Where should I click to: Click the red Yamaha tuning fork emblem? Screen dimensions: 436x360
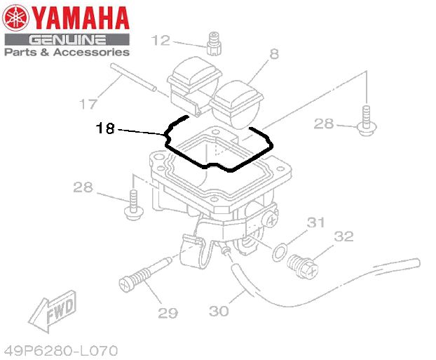15,18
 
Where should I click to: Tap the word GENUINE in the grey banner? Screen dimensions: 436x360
67,40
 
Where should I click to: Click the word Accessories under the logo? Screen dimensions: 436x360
92,52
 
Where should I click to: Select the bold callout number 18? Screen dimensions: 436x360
105,128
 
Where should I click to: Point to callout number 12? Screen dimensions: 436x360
161,41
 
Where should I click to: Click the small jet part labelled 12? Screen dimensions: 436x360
214,44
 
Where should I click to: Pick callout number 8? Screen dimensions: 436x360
274,54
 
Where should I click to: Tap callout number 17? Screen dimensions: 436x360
88,104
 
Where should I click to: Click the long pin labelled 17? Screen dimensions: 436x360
134,77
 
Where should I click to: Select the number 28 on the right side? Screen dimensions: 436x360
324,124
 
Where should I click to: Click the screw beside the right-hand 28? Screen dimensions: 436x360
367,121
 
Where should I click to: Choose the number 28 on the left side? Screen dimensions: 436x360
83,187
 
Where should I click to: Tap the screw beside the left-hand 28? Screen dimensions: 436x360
134,205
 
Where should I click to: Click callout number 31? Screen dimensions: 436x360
316,222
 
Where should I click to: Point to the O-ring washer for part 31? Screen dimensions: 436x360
280,252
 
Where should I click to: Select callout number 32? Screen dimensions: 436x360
343,236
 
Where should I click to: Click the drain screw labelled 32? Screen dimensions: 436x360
303,267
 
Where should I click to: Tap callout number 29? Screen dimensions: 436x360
168,313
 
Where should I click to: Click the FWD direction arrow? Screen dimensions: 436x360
53,312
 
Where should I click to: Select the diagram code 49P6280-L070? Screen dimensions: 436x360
61,351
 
